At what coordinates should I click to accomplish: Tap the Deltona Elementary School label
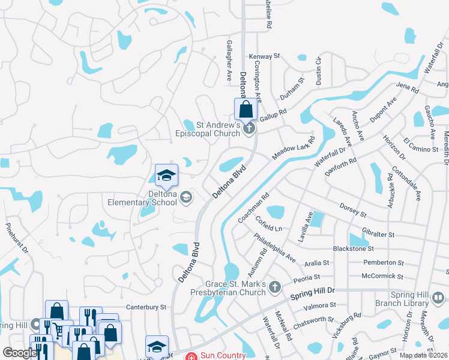(142, 198)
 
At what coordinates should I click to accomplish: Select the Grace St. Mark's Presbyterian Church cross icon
(275, 287)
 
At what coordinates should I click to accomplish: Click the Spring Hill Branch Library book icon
(439, 297)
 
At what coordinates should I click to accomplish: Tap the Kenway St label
(265, 56)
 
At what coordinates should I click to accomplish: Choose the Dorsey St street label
(352, 210)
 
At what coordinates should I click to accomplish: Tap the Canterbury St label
(146, 307)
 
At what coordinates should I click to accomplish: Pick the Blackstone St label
(353, 248)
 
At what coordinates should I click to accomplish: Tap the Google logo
(20, 353)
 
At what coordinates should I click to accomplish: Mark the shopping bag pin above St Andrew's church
(246, 109)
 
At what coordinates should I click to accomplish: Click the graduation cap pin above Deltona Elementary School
(166, 175)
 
